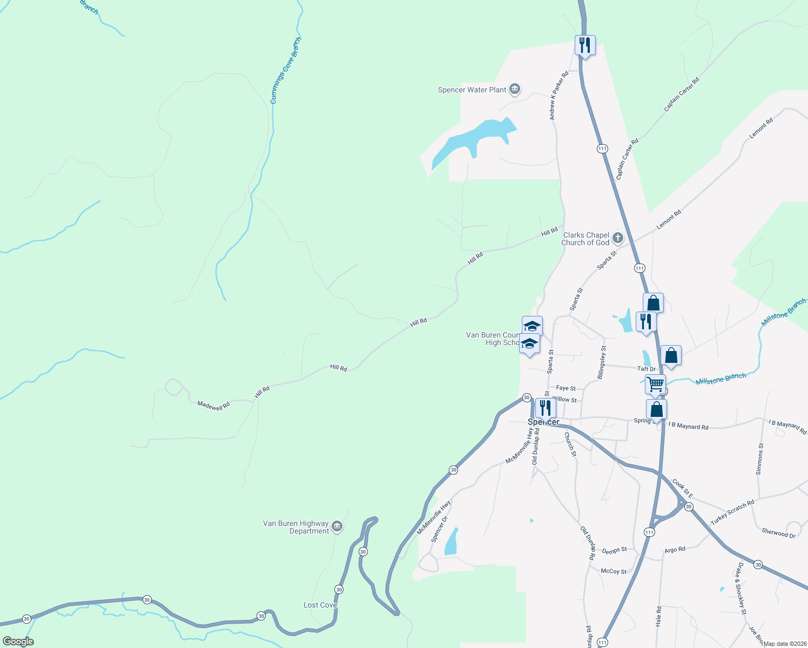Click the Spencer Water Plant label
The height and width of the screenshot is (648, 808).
click(472, 90)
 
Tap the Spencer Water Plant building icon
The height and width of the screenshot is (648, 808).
click(515, 89)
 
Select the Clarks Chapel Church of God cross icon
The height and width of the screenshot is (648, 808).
click(617, 238)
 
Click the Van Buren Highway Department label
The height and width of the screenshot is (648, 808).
click(295, 527)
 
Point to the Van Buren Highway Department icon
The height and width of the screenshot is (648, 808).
click(337, 526)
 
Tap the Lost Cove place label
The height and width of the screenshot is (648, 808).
click(320, 605)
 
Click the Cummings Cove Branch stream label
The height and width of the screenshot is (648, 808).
click(286, 70)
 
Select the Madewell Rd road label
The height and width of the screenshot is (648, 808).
click(213, 405)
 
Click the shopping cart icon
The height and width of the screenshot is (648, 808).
click(655, 384)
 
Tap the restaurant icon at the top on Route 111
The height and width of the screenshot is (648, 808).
click(584, 45)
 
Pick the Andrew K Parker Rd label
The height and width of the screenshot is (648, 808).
click(558, 96)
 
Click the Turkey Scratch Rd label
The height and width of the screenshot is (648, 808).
click(732, 512)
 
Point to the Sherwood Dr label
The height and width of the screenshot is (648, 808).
click(778, 533)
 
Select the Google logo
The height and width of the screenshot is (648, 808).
click(18, 642)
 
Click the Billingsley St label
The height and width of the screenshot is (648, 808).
click(602, 362)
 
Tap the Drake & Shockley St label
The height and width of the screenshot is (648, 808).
click(740, 589)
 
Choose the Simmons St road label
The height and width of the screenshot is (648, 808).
click(760, 459)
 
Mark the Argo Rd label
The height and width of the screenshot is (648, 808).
click(675, 550)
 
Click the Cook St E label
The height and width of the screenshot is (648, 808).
click(682, 488)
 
